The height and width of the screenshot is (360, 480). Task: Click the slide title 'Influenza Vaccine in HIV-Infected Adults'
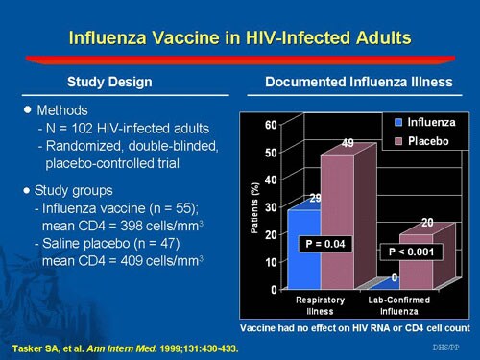pos(240,38)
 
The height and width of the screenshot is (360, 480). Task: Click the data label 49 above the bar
pos(349,143)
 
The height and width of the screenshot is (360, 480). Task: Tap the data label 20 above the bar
pos(427,223)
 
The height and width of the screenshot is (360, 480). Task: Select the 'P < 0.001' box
pos(412,252)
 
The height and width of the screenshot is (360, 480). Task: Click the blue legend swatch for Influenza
pos(398,123)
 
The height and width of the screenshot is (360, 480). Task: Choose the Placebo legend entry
pos(423,141)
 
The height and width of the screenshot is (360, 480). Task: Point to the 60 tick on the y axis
pos(271,125)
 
